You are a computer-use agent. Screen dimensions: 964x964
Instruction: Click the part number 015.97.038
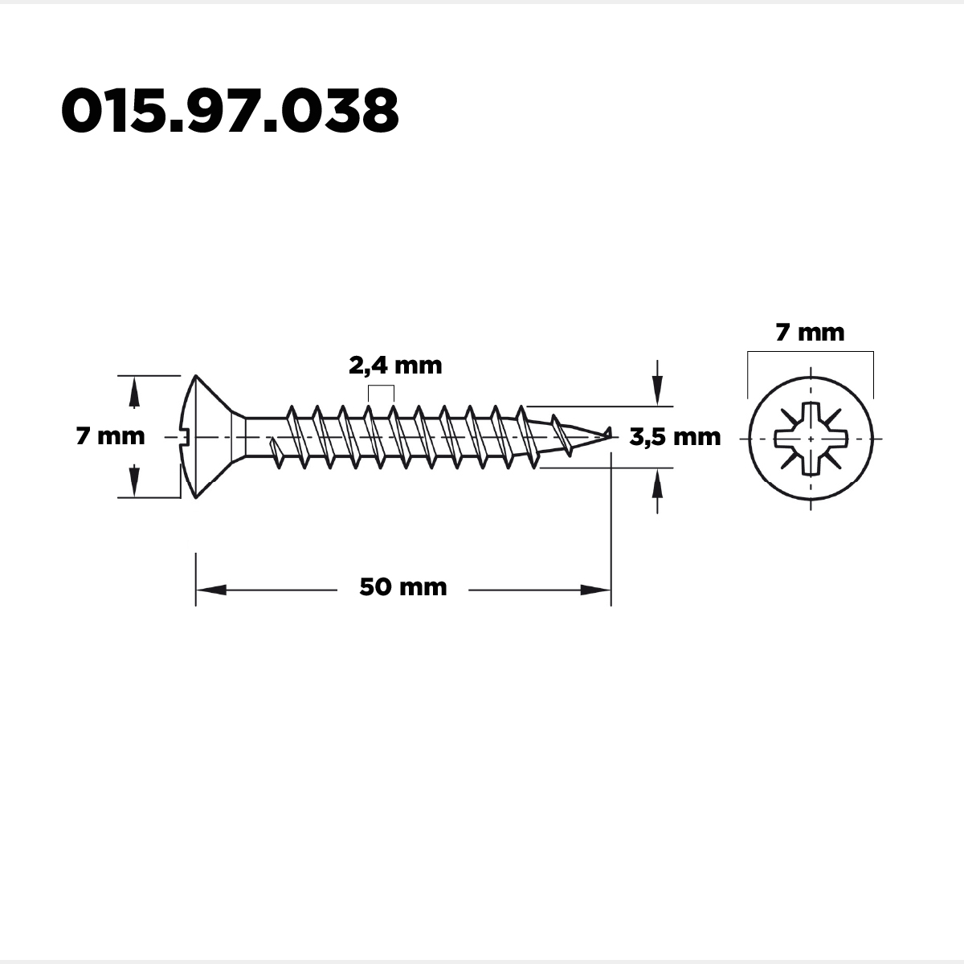(x=230, y=111)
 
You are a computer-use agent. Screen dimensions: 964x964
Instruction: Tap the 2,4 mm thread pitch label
(x=395, y=366)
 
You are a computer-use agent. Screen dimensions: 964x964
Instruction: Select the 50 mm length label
(x=403, y=587)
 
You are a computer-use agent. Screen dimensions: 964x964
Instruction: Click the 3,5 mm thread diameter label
(x=675, y=437)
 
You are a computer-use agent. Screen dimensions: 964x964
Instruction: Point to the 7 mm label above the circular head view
(x=810, y=333)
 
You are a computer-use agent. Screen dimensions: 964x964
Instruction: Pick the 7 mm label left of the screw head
(x=111, y=436)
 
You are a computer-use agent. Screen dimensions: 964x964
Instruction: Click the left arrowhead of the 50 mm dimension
(x=211, y=590)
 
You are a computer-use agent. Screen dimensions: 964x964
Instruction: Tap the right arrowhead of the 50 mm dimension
(x=596, y=590)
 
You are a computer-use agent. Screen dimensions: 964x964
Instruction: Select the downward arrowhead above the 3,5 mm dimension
(x=657, y=390)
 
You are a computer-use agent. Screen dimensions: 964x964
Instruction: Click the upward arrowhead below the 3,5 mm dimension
(x=657, y=484)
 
